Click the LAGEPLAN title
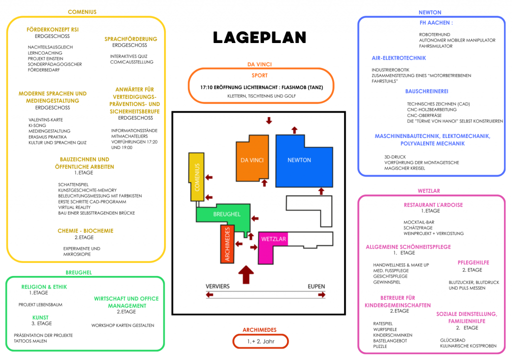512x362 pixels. coord(259,37)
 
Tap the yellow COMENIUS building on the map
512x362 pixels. coord(197,177)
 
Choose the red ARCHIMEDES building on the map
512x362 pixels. coord(227,244)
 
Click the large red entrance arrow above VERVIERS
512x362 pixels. coord(245,274)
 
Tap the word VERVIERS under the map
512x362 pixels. coord(217,286)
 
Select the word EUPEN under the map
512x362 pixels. coord(316,286)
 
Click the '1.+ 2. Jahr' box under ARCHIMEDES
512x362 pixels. coord(260,341)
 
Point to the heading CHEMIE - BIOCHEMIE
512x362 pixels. coord(85,231)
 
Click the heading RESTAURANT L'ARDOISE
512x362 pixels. coord(433,204)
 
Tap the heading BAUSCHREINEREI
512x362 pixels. coord(426,91)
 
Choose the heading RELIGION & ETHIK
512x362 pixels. coord(44,287)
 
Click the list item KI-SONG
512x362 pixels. coord(37,125)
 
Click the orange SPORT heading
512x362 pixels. coord(259,76)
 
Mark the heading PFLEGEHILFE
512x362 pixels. coord(473,262)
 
